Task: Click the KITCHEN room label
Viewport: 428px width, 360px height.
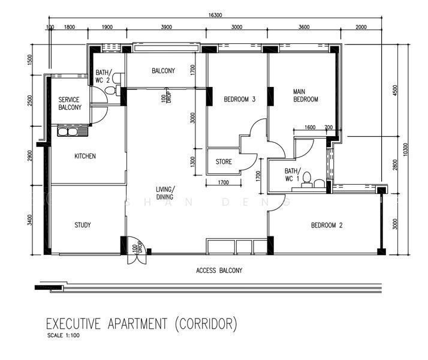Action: [x=85, y=156]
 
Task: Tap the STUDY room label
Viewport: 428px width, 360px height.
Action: [x=83, y=225]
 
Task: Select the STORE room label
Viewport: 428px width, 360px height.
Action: [x=224, y=161]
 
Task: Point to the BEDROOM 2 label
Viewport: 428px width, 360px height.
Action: [x=327, y=225]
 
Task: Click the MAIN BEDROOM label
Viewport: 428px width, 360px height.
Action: [x=306, y=95]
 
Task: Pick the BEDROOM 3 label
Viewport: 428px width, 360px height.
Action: [x=239, y=99]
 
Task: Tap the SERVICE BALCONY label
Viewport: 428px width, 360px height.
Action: [x=70, y=104]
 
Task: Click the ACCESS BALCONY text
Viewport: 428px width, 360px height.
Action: [x=219, y=271]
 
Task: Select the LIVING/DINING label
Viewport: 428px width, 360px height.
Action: [x=165, y=193]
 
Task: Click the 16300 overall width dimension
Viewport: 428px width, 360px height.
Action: [x=215, y=15]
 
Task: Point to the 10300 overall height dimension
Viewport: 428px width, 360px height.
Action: [x=405, y=149]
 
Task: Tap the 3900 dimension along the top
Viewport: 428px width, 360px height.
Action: [x=167, y=27]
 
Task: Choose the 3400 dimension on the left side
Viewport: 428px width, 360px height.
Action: [x=30, y=220]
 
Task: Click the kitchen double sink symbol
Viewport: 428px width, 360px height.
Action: [x=73, y=132]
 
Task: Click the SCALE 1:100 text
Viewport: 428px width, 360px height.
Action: [x=64, y=335]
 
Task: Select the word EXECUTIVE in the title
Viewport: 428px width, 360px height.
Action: [x=73, y=324]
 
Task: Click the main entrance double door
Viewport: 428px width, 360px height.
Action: [x=137, y=250]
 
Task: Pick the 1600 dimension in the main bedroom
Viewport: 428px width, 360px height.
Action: [x=310, y=127]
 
